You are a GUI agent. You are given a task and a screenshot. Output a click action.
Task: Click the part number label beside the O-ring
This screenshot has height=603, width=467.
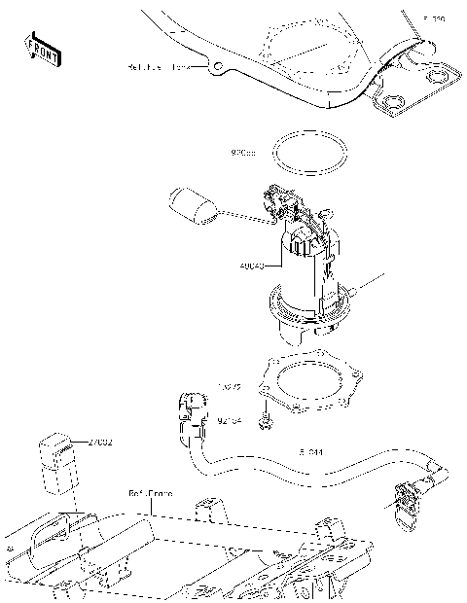pos(242,153)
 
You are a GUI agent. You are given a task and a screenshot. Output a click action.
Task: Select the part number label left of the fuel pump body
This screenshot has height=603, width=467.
pos(250,265)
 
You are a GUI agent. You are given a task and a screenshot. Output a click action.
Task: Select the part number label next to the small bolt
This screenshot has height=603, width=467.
pos(230,421)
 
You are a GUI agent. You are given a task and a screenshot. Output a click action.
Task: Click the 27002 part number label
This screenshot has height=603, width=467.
pos(100,443)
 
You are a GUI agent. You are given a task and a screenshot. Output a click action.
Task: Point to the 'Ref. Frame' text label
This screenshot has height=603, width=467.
pos(151,493)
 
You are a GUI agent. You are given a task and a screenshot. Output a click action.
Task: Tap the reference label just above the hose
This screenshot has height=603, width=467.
pos(311,452)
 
